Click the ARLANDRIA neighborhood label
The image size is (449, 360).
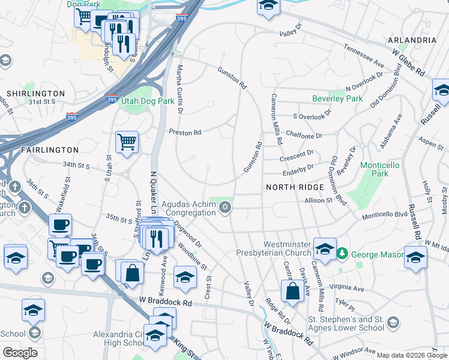point(412,40)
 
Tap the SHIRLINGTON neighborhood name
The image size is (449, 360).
point(35,94)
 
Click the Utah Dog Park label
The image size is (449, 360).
point(148,101)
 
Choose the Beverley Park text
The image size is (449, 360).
point(337,98)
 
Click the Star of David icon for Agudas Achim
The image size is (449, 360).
point(226,208)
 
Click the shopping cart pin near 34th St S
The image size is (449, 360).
point(127,143)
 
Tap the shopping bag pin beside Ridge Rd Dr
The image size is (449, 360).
point(292,292)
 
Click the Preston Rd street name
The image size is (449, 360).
point(184,132)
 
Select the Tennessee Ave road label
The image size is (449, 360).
point(363,55)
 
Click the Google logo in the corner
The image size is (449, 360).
point(20,353)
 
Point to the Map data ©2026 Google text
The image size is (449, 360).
point(412,355)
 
